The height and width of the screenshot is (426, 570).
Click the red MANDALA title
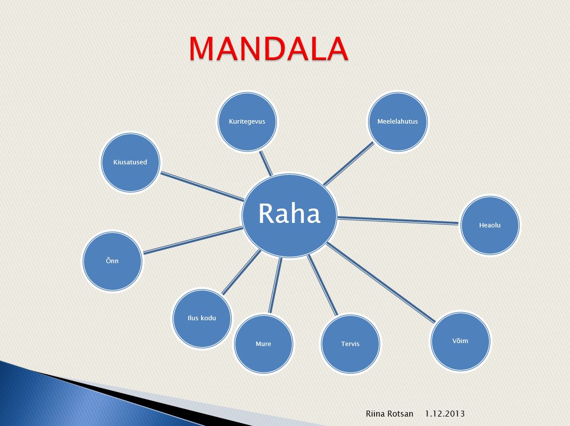(268, 48)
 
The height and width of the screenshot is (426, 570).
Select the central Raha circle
(290, 215)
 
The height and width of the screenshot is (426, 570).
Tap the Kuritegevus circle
(247, 122)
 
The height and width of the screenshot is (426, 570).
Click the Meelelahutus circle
(398, 122)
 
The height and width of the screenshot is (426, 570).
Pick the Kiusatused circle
(130, 162)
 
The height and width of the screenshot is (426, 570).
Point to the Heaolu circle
(490, 225)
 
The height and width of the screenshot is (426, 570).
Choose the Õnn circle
(112, 261)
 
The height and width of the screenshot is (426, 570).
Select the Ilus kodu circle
(202, 318)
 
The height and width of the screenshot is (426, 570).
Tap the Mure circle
(264, 344)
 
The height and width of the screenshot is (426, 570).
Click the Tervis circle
(351, 344)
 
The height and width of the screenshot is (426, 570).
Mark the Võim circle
(460, 341)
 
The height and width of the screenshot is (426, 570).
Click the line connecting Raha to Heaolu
(398, 220)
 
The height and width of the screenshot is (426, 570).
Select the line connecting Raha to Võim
(380, 283)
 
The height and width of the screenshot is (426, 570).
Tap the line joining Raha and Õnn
(193, 240)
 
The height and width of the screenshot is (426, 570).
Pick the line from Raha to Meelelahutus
(349, 163)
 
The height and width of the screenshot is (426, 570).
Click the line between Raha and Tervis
(322, 285)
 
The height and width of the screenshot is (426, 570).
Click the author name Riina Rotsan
(389, 414)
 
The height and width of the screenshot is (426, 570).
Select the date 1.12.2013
(444, 414)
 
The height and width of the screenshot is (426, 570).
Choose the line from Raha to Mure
(275, 285)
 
